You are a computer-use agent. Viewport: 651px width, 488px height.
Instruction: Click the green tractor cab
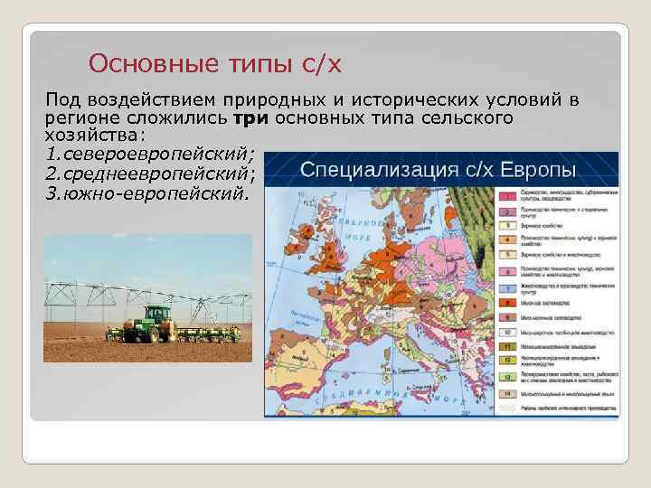[156, 316]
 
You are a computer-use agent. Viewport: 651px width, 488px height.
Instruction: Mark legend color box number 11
[508, 347]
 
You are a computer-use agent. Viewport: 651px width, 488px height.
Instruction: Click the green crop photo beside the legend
[467, 212]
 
